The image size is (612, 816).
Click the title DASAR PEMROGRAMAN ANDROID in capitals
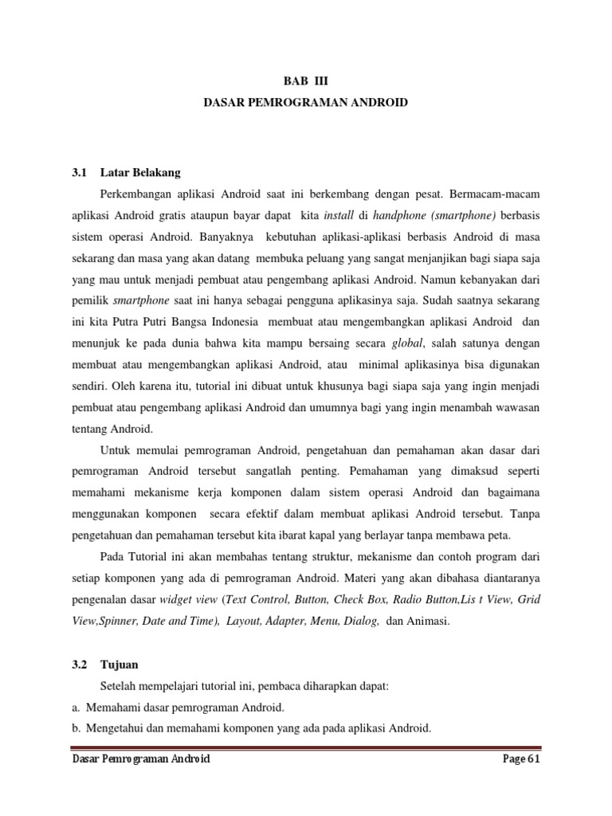pyautogui.click(x=306, y=103)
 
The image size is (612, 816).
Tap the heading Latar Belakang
pyautogui.click(x=141, y=172)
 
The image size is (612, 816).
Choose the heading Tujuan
pyautogui.click(x=120, y=662)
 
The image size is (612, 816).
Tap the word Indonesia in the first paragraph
pyautogui.click(x=236, y=322)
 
